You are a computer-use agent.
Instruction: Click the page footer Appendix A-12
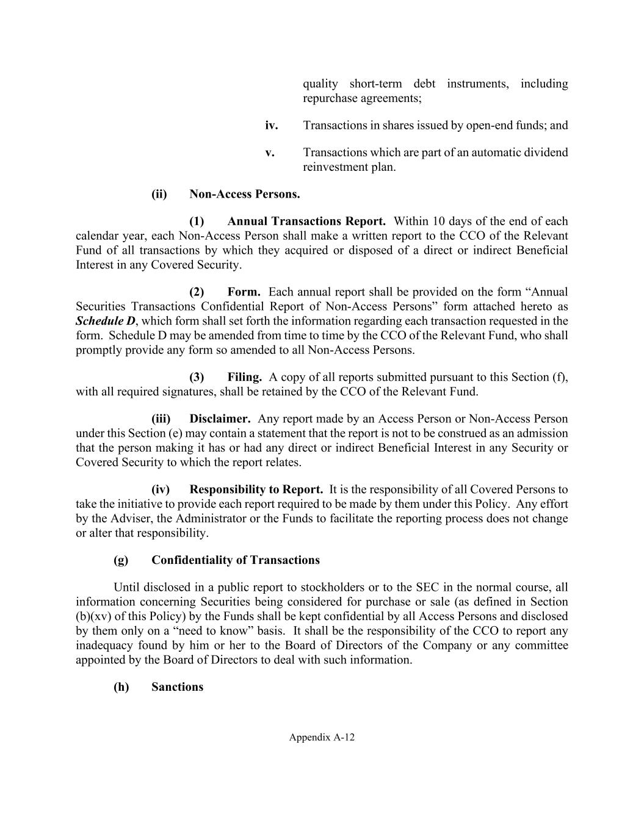pyautogui.click(x=322, y=737)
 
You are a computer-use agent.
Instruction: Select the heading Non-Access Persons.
pyautogui.click(x=244, y=194)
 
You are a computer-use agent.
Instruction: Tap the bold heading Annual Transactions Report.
pyautogui.click(x=306, y=221)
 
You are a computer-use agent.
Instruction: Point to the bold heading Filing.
pyautogui.click(x=244, y=377)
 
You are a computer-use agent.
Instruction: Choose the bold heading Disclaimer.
pyautogui.click(x=220, y=419)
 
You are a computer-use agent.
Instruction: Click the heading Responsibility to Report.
pyautogui.click(x=256, y=489)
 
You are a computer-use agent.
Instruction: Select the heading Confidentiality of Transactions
pyautogui.click(x=235, y=560)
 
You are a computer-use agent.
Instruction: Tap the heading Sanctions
pyautogui.click(x=177, y=687)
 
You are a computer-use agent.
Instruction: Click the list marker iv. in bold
pyautogui.click(x=272, y=126)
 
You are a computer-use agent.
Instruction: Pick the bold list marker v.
pyautogui.click(x=270, y=153)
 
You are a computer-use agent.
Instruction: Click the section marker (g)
pyautogui.click(x=121, y=560)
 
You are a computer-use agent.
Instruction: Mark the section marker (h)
pyautogui.click(x=121, y=687)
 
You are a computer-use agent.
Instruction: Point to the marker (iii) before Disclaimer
pyautogui.click(x=161, y=419)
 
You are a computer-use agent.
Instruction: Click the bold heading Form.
pyautogui.click(x=244, y=292)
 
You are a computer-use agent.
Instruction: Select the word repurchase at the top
pyautogui.click(x=327, y=98)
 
